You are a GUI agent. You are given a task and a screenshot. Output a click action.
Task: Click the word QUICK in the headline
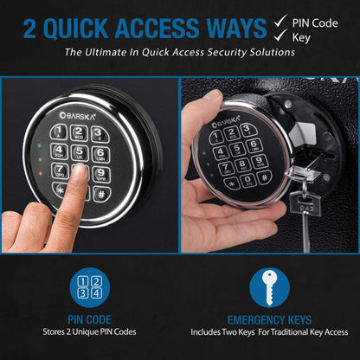(x=76, y=29)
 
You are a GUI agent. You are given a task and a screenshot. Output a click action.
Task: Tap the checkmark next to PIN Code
(x=280, y=21)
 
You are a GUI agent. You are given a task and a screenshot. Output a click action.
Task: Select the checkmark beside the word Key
(x=280, y=35)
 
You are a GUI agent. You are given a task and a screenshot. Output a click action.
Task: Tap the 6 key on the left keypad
(x=100, y=154)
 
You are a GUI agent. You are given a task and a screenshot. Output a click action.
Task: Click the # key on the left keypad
(x=101, y=194)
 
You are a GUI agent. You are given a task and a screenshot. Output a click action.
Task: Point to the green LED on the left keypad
(x=39, y=146)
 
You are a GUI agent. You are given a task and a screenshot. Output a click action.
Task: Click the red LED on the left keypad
(x=40, y=174)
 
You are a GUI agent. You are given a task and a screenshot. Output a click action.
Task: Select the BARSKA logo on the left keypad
(x=77, y=116)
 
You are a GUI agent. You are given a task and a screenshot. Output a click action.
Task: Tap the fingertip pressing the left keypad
(x=80, y=170)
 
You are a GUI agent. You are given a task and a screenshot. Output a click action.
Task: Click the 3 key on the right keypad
(x=246, y=130)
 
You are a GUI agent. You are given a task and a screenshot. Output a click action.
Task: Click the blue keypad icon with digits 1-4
(x=90, y=287)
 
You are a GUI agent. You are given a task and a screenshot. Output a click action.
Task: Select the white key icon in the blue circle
(x=270, y=287)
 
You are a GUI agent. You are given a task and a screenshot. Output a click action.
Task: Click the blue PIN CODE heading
(x=89, y=319)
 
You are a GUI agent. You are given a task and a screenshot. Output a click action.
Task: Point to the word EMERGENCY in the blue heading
(x=252, y=320)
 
